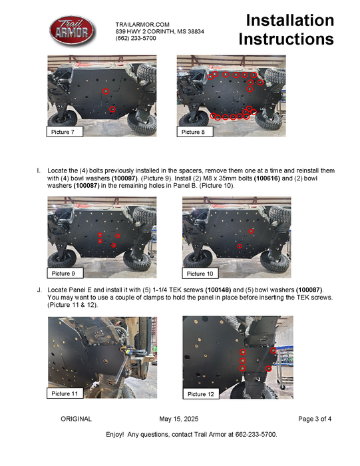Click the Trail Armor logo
click(72, 31)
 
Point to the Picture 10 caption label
click(200, 274)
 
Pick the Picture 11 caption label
click(65, 393)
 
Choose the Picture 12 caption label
click(201, 394)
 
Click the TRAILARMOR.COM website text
click(142, 25)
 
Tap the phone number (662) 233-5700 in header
click(136, 38)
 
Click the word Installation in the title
click(290, 20)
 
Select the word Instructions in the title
click(286, 39)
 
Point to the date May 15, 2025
click(179, 419)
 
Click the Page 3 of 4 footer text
click(315, 419)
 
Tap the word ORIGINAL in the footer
click(77, 419)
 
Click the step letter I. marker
click(39, 170)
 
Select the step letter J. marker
click(39, 290)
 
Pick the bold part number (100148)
click(218, 290)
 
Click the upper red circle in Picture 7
click(106, 91)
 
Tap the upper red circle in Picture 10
click(251, 231)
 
